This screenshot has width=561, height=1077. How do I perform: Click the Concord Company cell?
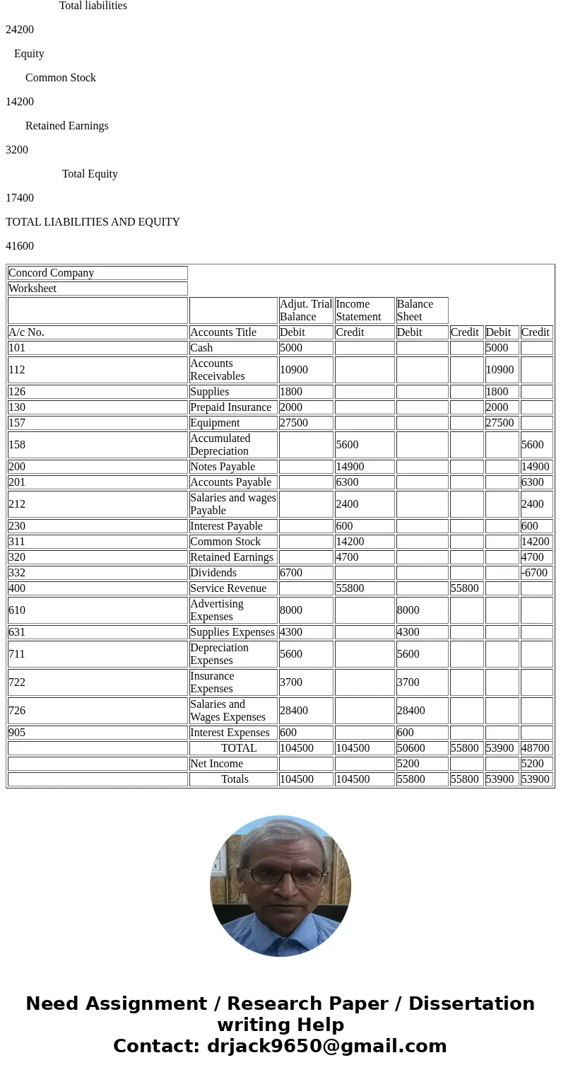[x=98, y=273]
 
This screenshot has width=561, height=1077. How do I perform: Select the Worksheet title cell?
[x=98, y=289]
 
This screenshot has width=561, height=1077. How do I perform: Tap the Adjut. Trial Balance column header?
[x=305, y=310]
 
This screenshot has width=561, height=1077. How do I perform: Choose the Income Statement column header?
[x=364, y=310]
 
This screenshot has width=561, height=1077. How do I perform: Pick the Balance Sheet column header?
[x=421, y=310]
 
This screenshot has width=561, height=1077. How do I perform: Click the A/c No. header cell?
[x=98, y=332]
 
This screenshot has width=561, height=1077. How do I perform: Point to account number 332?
[x=98, y=573]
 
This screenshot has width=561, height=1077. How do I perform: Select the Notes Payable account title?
[x=232, y=467]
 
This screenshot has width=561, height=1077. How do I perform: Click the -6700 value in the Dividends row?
[x=536, y=573]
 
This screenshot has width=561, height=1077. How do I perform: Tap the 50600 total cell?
[x=421, y=748]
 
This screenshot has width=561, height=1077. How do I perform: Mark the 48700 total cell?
[x=536, y=748]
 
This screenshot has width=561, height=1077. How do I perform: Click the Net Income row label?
[x=232, y=764]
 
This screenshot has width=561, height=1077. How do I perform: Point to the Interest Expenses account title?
[x=232, y=733]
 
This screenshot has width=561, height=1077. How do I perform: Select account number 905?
[x=98, y=733]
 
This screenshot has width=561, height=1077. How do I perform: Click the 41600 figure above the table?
[x=20, y=246]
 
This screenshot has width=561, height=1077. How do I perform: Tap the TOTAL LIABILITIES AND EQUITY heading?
[x=93, y=222]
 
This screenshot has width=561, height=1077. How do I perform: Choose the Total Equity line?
[x=90, y=174]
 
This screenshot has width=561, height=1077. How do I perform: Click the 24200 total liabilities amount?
[x=20, y=30]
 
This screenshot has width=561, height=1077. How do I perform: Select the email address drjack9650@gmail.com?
[x=326, y=1047]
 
